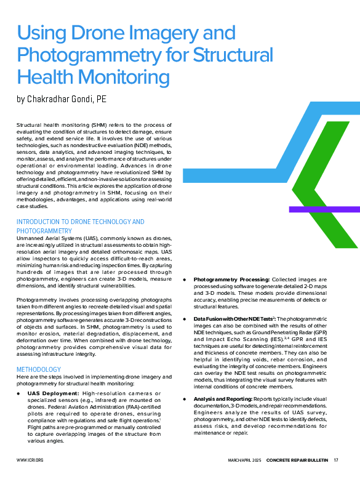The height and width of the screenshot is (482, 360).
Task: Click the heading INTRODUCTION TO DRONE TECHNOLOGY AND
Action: pyautogui.click(x=80, y=222)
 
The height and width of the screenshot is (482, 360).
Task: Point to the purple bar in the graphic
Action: pyautogui.click(x=324, y=209)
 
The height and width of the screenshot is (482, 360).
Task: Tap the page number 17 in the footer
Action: pyautogui.click(x=336, y=460)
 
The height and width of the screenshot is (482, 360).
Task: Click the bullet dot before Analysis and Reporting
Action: pyautogui.click(x=187, y=400)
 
